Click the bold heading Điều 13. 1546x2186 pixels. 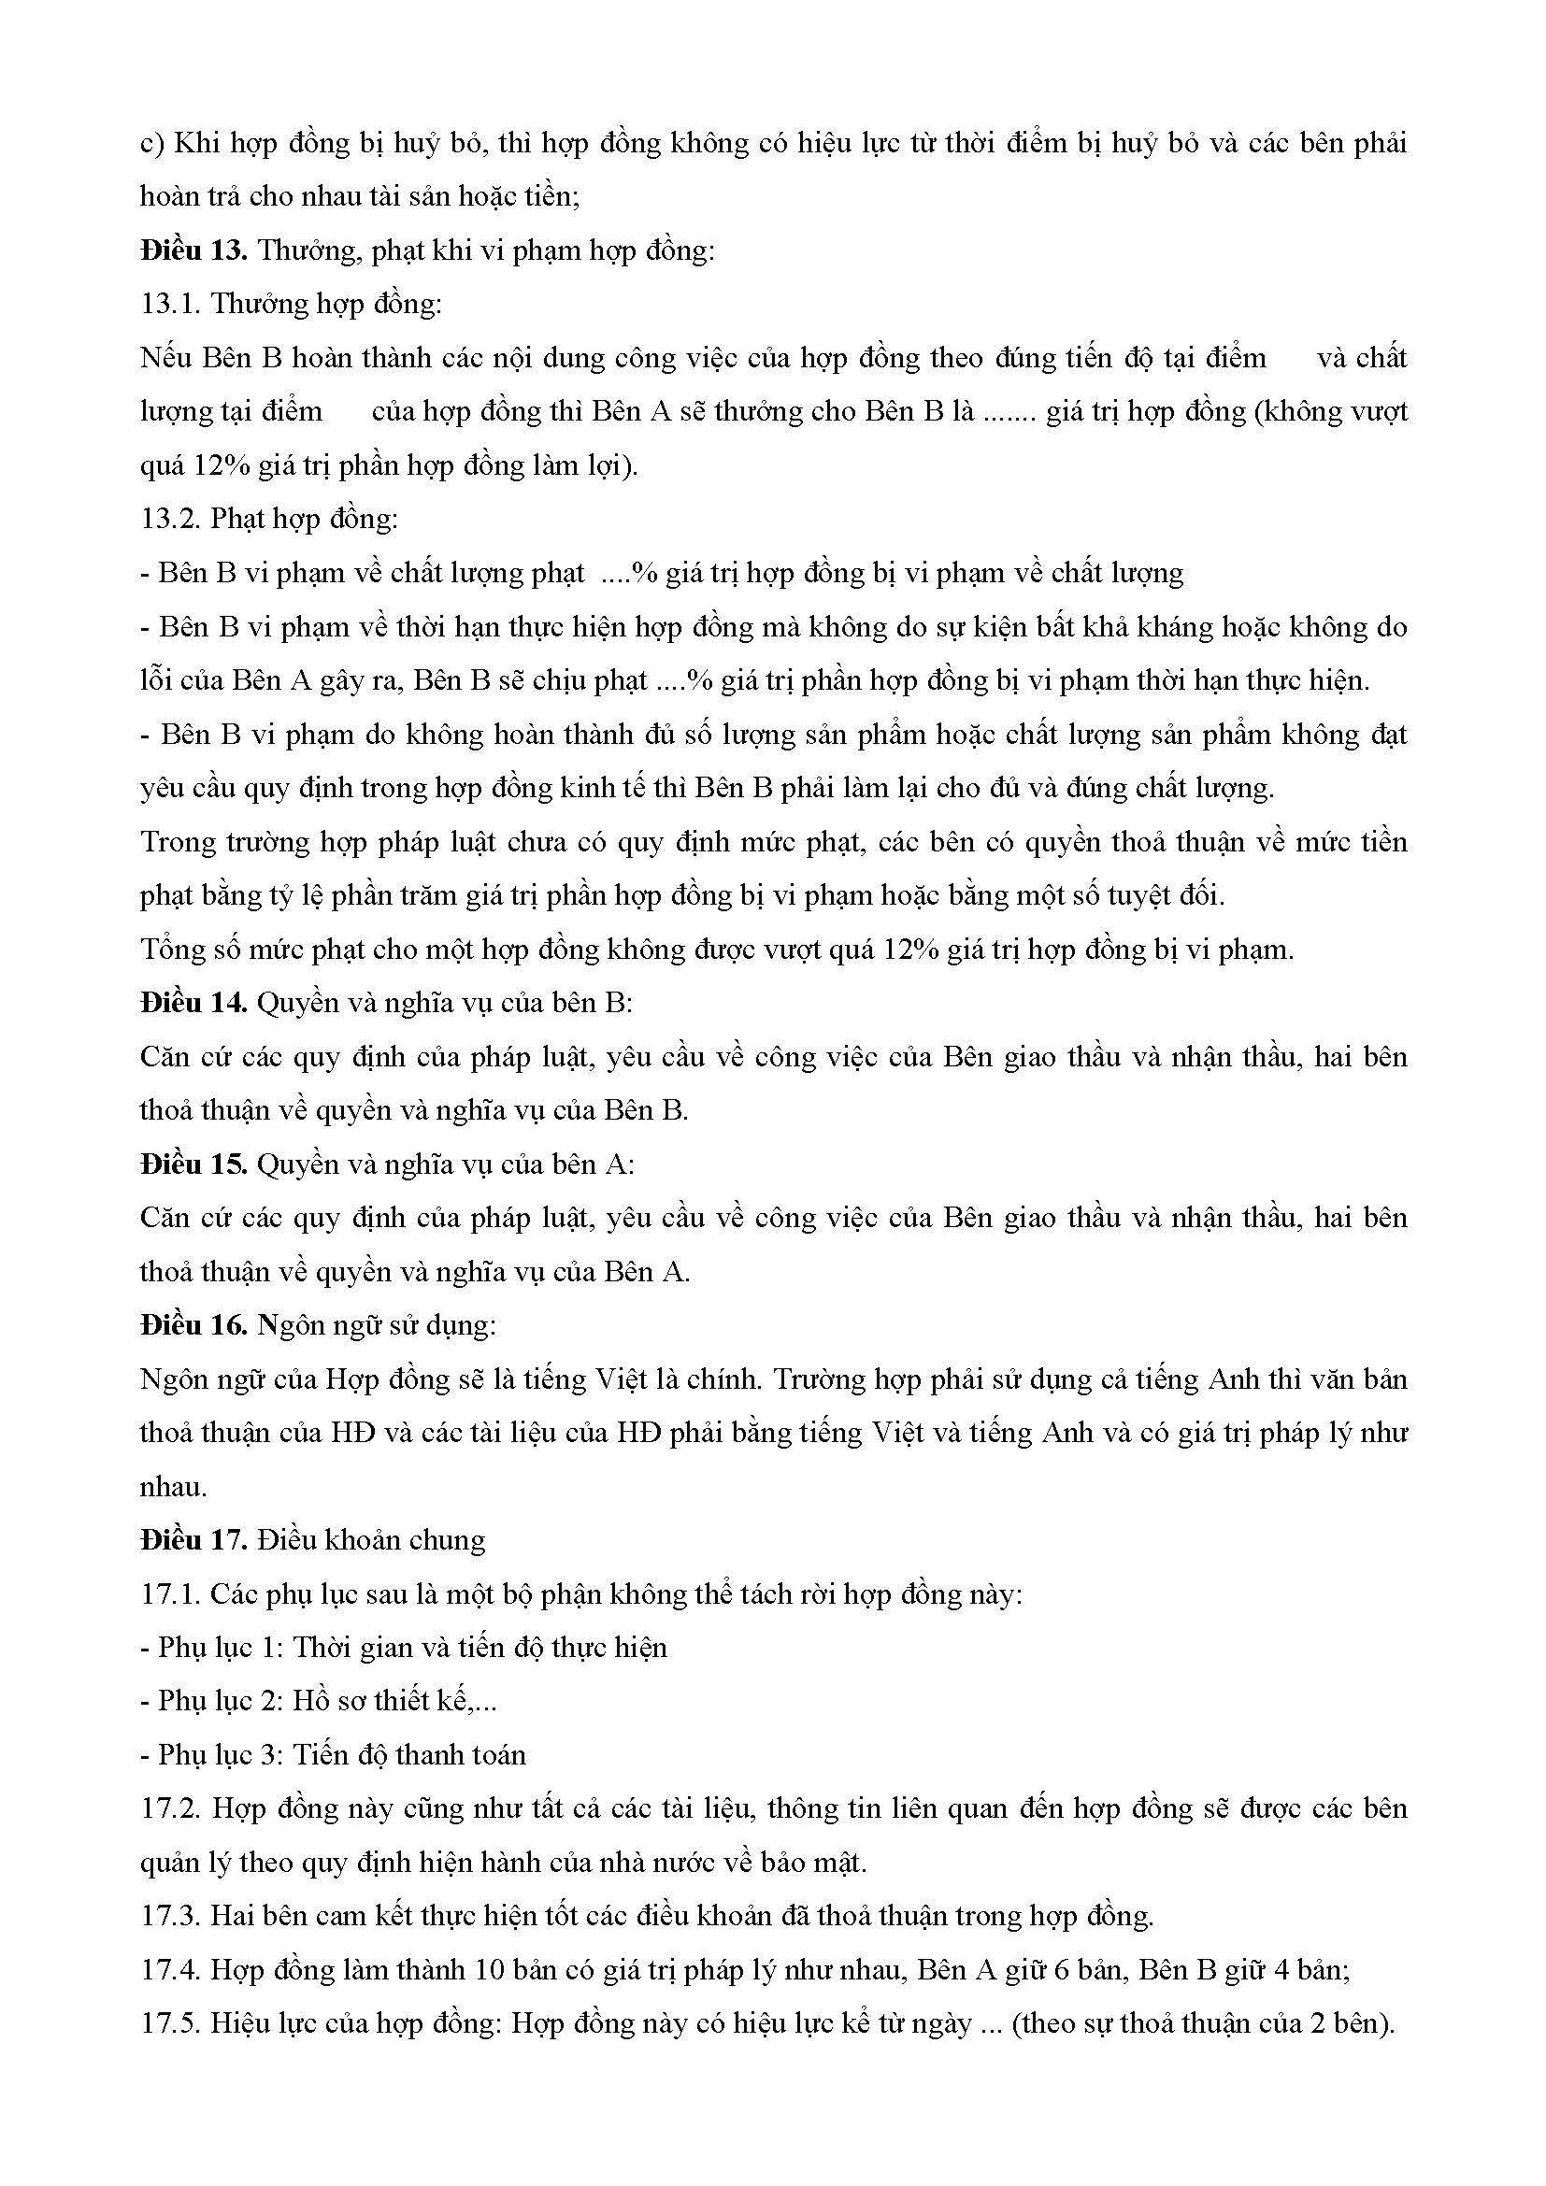tap(193, 251)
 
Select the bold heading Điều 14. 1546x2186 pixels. tap(193, 1003)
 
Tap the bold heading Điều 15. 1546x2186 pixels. tap(193, 1164)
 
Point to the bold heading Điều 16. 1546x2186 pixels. tap(193, 1324)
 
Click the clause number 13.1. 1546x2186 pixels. tap(169, 305)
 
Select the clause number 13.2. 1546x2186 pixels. tap(169, 519)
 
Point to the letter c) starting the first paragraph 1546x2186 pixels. tap(152, 144)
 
